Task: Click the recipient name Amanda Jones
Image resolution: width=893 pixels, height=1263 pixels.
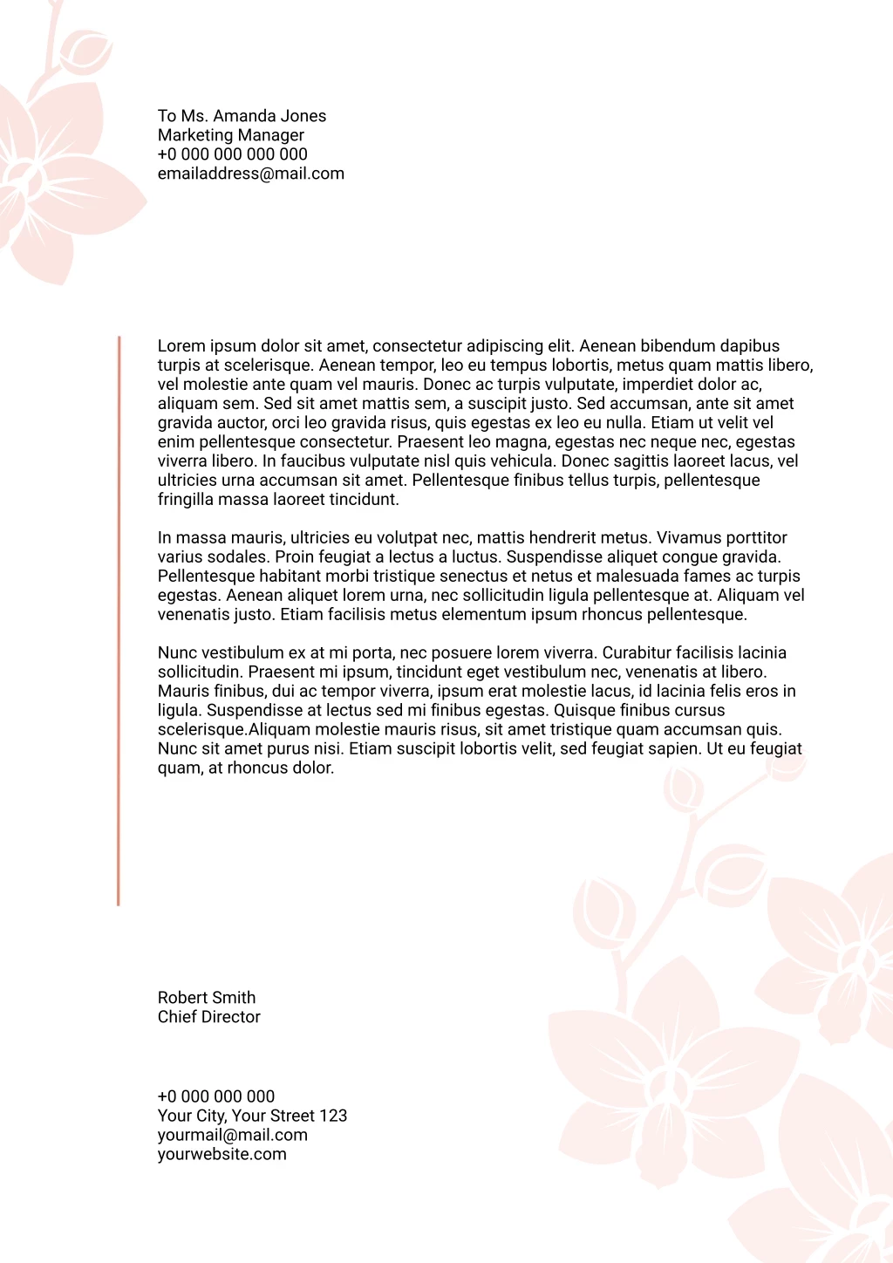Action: coord(269,116)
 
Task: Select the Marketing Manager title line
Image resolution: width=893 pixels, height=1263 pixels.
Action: coord(231,135)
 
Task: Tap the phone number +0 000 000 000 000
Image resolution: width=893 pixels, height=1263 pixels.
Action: coord(233,154)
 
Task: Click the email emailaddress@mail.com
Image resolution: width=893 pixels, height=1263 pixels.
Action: coord(251,174)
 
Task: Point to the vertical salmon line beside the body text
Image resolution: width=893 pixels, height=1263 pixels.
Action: coord(119,619)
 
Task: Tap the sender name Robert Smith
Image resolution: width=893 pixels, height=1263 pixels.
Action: coord(207,998)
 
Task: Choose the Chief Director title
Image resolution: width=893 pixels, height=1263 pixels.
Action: coord(209,1017)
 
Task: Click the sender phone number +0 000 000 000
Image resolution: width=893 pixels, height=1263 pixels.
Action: coord(216,1096)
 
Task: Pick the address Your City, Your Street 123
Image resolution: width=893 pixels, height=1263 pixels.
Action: coord(252,1116)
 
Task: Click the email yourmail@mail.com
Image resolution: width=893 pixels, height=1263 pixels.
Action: coord(233,1135)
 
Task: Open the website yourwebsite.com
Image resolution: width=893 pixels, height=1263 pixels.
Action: coord(222,1154)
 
